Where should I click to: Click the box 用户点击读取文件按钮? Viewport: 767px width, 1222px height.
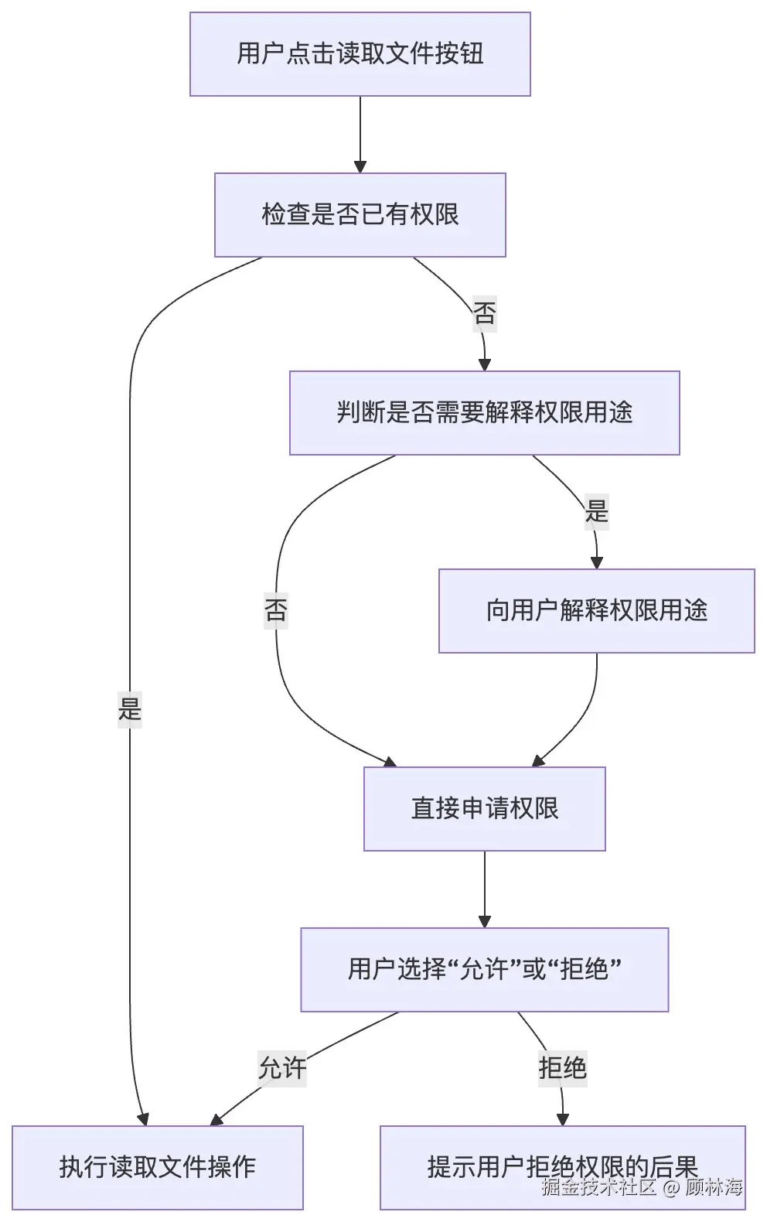[360, 54]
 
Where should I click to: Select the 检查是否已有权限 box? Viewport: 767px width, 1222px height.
[360, 215]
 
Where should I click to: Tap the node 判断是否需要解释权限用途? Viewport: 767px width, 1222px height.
[484, 413]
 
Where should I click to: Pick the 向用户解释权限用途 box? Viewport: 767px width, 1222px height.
[596, 611]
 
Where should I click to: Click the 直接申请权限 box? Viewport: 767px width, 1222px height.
[484, 809]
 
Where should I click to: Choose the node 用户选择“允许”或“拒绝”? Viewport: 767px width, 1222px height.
[484, 969]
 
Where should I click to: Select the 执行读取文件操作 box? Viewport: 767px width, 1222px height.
[157, 1167]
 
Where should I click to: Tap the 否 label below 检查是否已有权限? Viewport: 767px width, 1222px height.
[484, 313]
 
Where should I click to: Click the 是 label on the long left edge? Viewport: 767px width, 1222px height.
[130, 708]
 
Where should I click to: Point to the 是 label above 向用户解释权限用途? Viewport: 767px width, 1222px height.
[596, 511]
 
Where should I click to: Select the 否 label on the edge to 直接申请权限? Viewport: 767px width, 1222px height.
[276, 610]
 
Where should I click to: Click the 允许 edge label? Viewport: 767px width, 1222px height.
[282, 1069]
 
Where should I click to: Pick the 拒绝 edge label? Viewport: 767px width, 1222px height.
[562, 1069]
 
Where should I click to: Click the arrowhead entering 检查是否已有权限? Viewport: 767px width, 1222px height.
[360, 166]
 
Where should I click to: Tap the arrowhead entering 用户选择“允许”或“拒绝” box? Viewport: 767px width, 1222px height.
[484, 921]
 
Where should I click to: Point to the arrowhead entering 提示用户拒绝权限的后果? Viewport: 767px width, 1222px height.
[562, 1119]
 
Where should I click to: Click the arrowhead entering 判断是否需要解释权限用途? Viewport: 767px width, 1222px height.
[485, 364]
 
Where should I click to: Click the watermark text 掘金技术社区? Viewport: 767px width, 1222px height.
[598, 1187]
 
